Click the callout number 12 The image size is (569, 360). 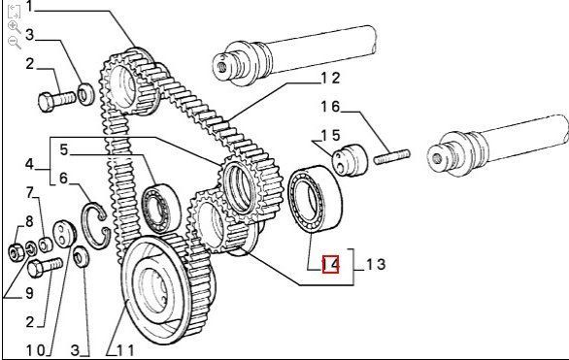(330, 78)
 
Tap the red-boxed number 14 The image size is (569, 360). (330, 264)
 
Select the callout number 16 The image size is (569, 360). (330, 107)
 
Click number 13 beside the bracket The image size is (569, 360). (376, 264)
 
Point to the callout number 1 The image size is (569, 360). (29, 6)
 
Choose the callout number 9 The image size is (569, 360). (30, 293)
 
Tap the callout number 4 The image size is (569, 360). (29, 164)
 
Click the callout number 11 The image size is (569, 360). (125, 350)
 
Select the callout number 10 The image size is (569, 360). (36, 350)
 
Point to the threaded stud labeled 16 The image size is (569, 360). (392, 157)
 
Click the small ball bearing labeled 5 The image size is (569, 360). (160, 209)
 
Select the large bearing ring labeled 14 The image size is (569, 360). (315, 199)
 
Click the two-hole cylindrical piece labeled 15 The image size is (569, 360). (350, 160)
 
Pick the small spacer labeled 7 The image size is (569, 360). (46, 245)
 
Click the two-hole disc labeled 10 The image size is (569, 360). (65, 234)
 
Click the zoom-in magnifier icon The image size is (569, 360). (15, 27)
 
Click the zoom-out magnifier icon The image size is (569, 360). (15, 43)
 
